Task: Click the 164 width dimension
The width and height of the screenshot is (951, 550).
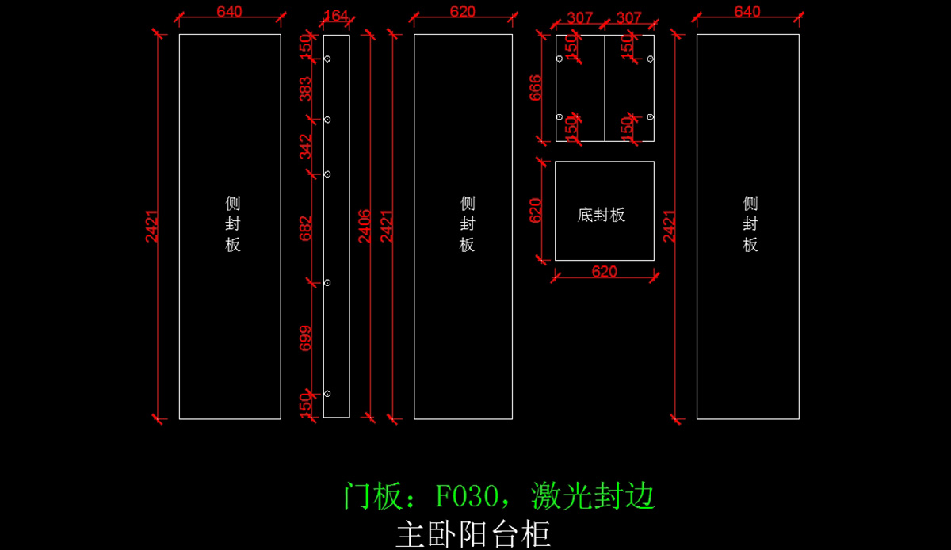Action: [336, 15]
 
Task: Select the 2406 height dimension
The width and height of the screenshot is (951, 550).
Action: [365, 226]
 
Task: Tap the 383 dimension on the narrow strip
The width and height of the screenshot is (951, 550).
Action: [306, 90]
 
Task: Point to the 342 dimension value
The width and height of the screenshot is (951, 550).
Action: [306, 147]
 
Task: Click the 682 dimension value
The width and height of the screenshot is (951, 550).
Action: [306, 228]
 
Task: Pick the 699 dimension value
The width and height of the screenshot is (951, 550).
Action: [306, 338]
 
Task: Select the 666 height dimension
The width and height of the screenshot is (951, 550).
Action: [536, 88]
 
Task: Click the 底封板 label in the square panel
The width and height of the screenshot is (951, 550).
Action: [602, 215]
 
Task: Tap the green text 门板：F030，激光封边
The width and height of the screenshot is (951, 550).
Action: [499, 497]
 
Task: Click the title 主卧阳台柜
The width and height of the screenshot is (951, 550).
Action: [473, 534]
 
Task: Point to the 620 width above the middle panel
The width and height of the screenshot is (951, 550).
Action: [463, 12]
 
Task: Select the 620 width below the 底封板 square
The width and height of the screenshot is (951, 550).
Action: [604, 272]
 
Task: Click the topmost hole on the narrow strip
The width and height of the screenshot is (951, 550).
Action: [327, 59]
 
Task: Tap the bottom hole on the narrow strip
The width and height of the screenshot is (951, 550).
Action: [327, 394]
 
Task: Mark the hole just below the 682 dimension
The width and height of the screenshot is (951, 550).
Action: [327, 282]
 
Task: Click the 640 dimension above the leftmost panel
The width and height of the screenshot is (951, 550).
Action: [229, 12]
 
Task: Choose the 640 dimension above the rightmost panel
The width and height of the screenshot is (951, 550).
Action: [747, 12]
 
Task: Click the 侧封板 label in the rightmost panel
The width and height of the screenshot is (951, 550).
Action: [750, 223]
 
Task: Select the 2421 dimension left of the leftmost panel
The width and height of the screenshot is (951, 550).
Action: [151, 226]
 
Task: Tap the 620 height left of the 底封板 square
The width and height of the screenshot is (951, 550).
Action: [536, 211]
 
